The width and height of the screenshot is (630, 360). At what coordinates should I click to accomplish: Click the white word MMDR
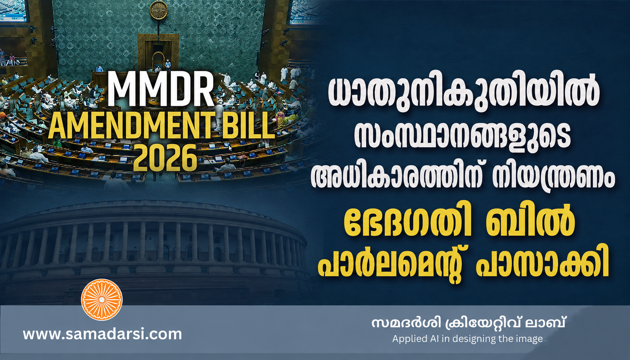[x=161, y=89]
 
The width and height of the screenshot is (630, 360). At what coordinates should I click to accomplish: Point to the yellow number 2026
[x=165, y=158]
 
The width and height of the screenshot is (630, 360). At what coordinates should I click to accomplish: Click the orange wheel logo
[x=102, y=300]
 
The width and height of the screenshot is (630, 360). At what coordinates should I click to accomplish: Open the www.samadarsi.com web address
[x=103, y=335]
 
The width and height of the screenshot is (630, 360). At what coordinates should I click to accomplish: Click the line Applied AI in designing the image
[x=467, y=339]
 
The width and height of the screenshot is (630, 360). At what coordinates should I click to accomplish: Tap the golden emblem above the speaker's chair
[x=159, y=10]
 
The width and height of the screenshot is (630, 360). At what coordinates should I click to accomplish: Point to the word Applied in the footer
[x=410, y=339]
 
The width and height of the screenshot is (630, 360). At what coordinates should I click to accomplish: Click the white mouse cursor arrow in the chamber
[x=230, y=148]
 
